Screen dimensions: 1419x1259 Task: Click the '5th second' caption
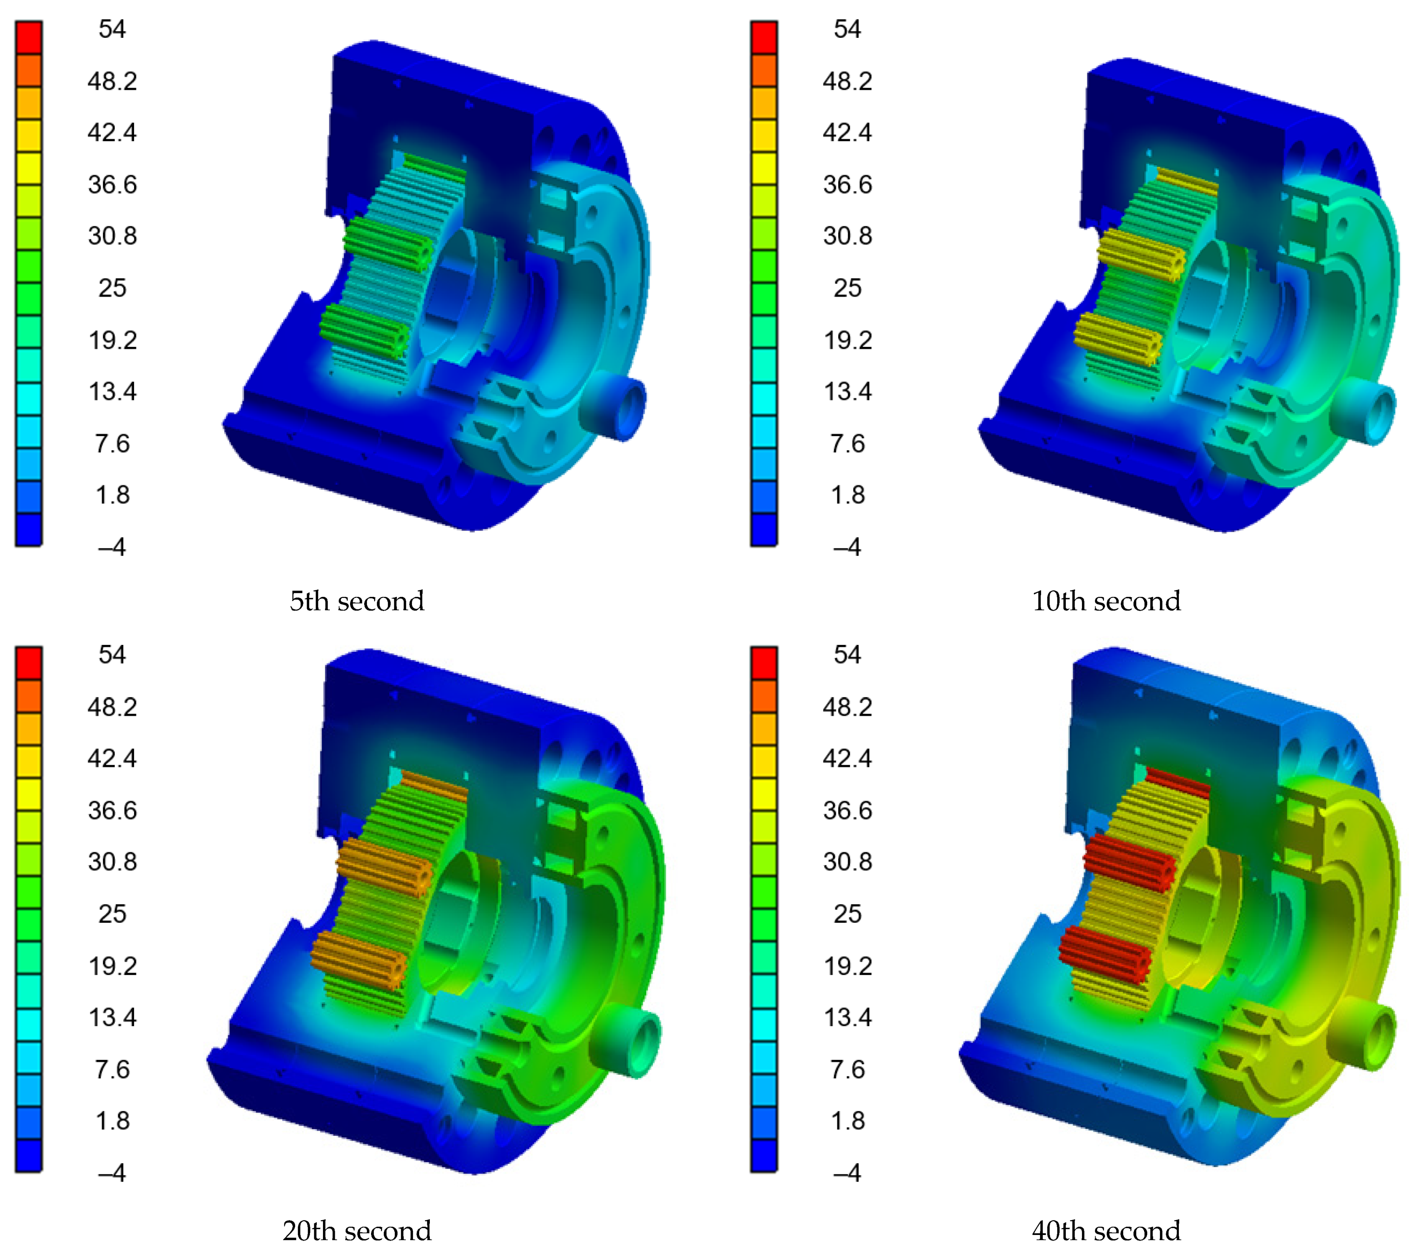[x=357, y=601]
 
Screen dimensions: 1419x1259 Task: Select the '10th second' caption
[x=1106, y=601]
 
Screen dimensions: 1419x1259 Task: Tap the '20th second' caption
[x=357, y=1230]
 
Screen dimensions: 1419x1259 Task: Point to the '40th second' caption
[x=1106, y=1230]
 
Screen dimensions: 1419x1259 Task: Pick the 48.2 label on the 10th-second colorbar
[x=847, y=81]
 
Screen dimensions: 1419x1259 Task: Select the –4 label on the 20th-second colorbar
[x=112, y=1173]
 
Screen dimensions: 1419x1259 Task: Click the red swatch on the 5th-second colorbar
[x=29, y=37]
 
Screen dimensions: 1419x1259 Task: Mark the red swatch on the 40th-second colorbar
[x=764, y=664]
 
